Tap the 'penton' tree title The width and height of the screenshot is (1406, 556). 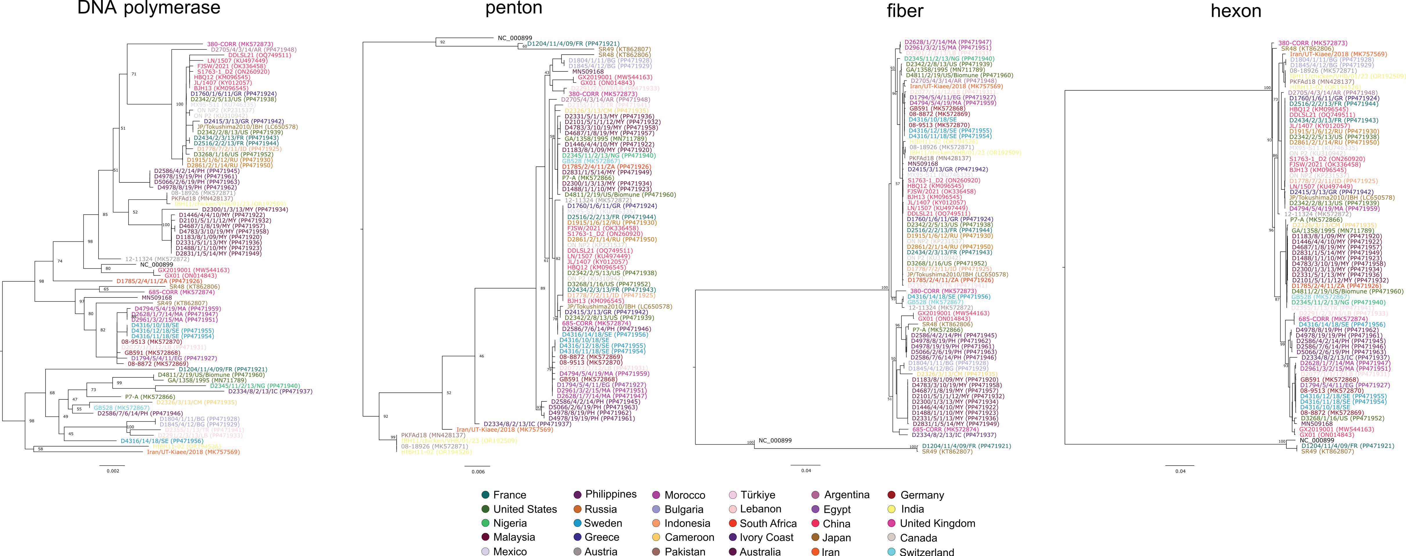514,8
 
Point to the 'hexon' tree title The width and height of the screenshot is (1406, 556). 1236,11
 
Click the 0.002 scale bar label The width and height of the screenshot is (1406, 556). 112,471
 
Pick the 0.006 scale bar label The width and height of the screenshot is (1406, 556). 478,472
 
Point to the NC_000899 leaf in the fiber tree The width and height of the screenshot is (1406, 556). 775,440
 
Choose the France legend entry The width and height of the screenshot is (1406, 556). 509,495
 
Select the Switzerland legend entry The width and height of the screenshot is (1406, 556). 926,552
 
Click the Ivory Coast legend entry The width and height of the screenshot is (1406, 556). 766,537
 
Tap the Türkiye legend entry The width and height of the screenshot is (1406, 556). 758,495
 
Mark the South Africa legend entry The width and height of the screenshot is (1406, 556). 768,523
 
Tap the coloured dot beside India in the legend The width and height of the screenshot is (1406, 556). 892,509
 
